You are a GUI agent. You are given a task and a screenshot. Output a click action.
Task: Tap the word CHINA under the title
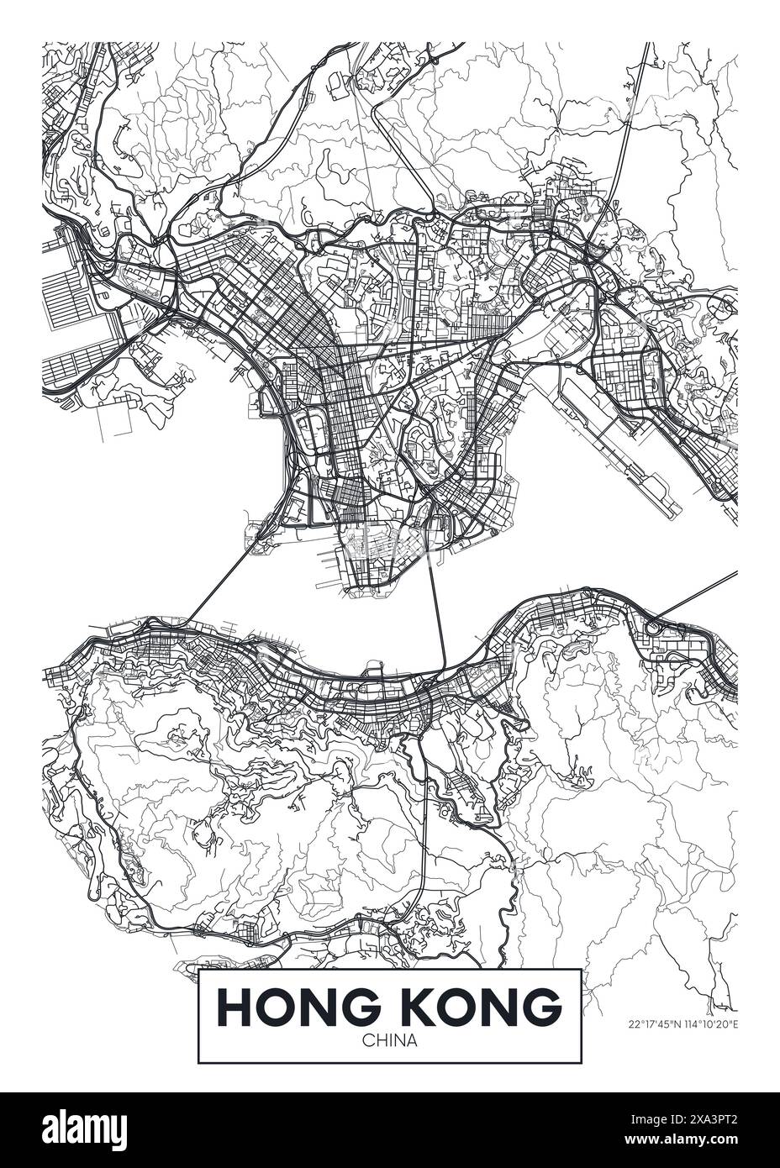(x=389, y=1040)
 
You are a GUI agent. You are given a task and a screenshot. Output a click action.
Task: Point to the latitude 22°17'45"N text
(x=657, y=1024)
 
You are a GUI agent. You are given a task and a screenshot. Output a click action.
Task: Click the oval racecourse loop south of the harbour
(x=461, y=786)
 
